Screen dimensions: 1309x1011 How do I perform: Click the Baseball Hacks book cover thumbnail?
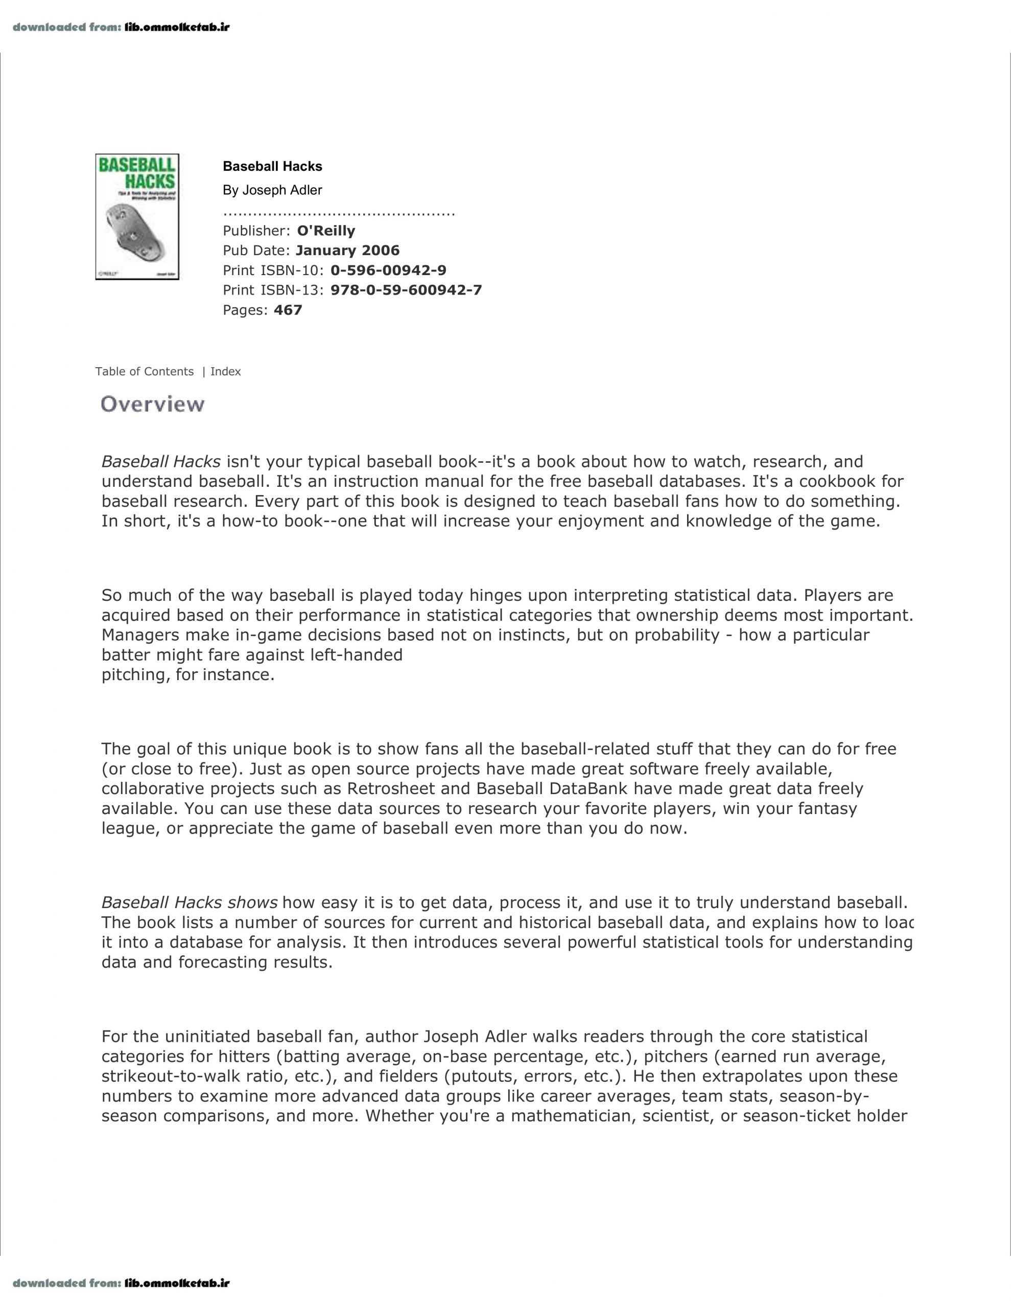coord(137,216)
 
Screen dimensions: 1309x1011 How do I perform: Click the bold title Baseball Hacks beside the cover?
coord(272,167)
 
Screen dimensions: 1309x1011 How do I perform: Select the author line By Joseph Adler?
coord(272,190)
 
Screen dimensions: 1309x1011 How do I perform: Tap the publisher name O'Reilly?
coord(326,231)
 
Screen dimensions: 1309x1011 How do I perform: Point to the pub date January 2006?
coord(347,251)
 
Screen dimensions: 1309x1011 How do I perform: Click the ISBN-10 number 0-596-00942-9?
coord(388,270)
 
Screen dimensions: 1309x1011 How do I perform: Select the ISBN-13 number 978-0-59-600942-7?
coord(406,290)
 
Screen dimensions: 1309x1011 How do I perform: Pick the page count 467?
coord(288,310)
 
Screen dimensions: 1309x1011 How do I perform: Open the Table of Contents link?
coord(145,372)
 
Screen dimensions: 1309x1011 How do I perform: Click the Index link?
coord(226,372)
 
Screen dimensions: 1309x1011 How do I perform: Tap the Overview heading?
coord(153,404)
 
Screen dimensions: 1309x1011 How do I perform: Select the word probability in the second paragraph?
coord(677,635)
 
